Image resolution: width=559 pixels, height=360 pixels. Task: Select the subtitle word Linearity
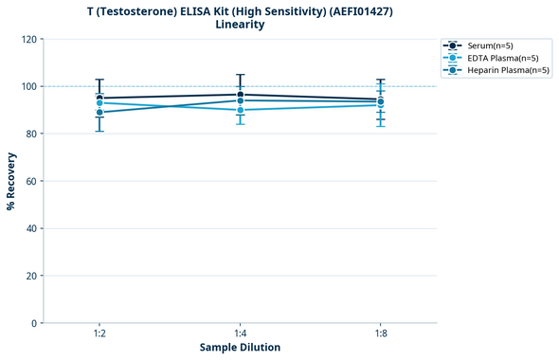[x=240, y=25]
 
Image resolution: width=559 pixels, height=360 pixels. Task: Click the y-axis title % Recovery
[x=11, y=180]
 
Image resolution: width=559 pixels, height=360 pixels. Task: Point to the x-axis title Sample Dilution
[x=240, y=348]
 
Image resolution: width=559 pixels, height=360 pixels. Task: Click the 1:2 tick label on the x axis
[x=99, y=333]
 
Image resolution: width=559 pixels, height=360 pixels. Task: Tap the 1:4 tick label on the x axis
[x=240, y=333]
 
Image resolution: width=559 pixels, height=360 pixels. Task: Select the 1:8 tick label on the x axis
[x=380, y=333]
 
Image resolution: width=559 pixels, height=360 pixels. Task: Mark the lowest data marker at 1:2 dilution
[x=99, y=113]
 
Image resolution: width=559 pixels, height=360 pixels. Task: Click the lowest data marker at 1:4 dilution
[x=240, y=110]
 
